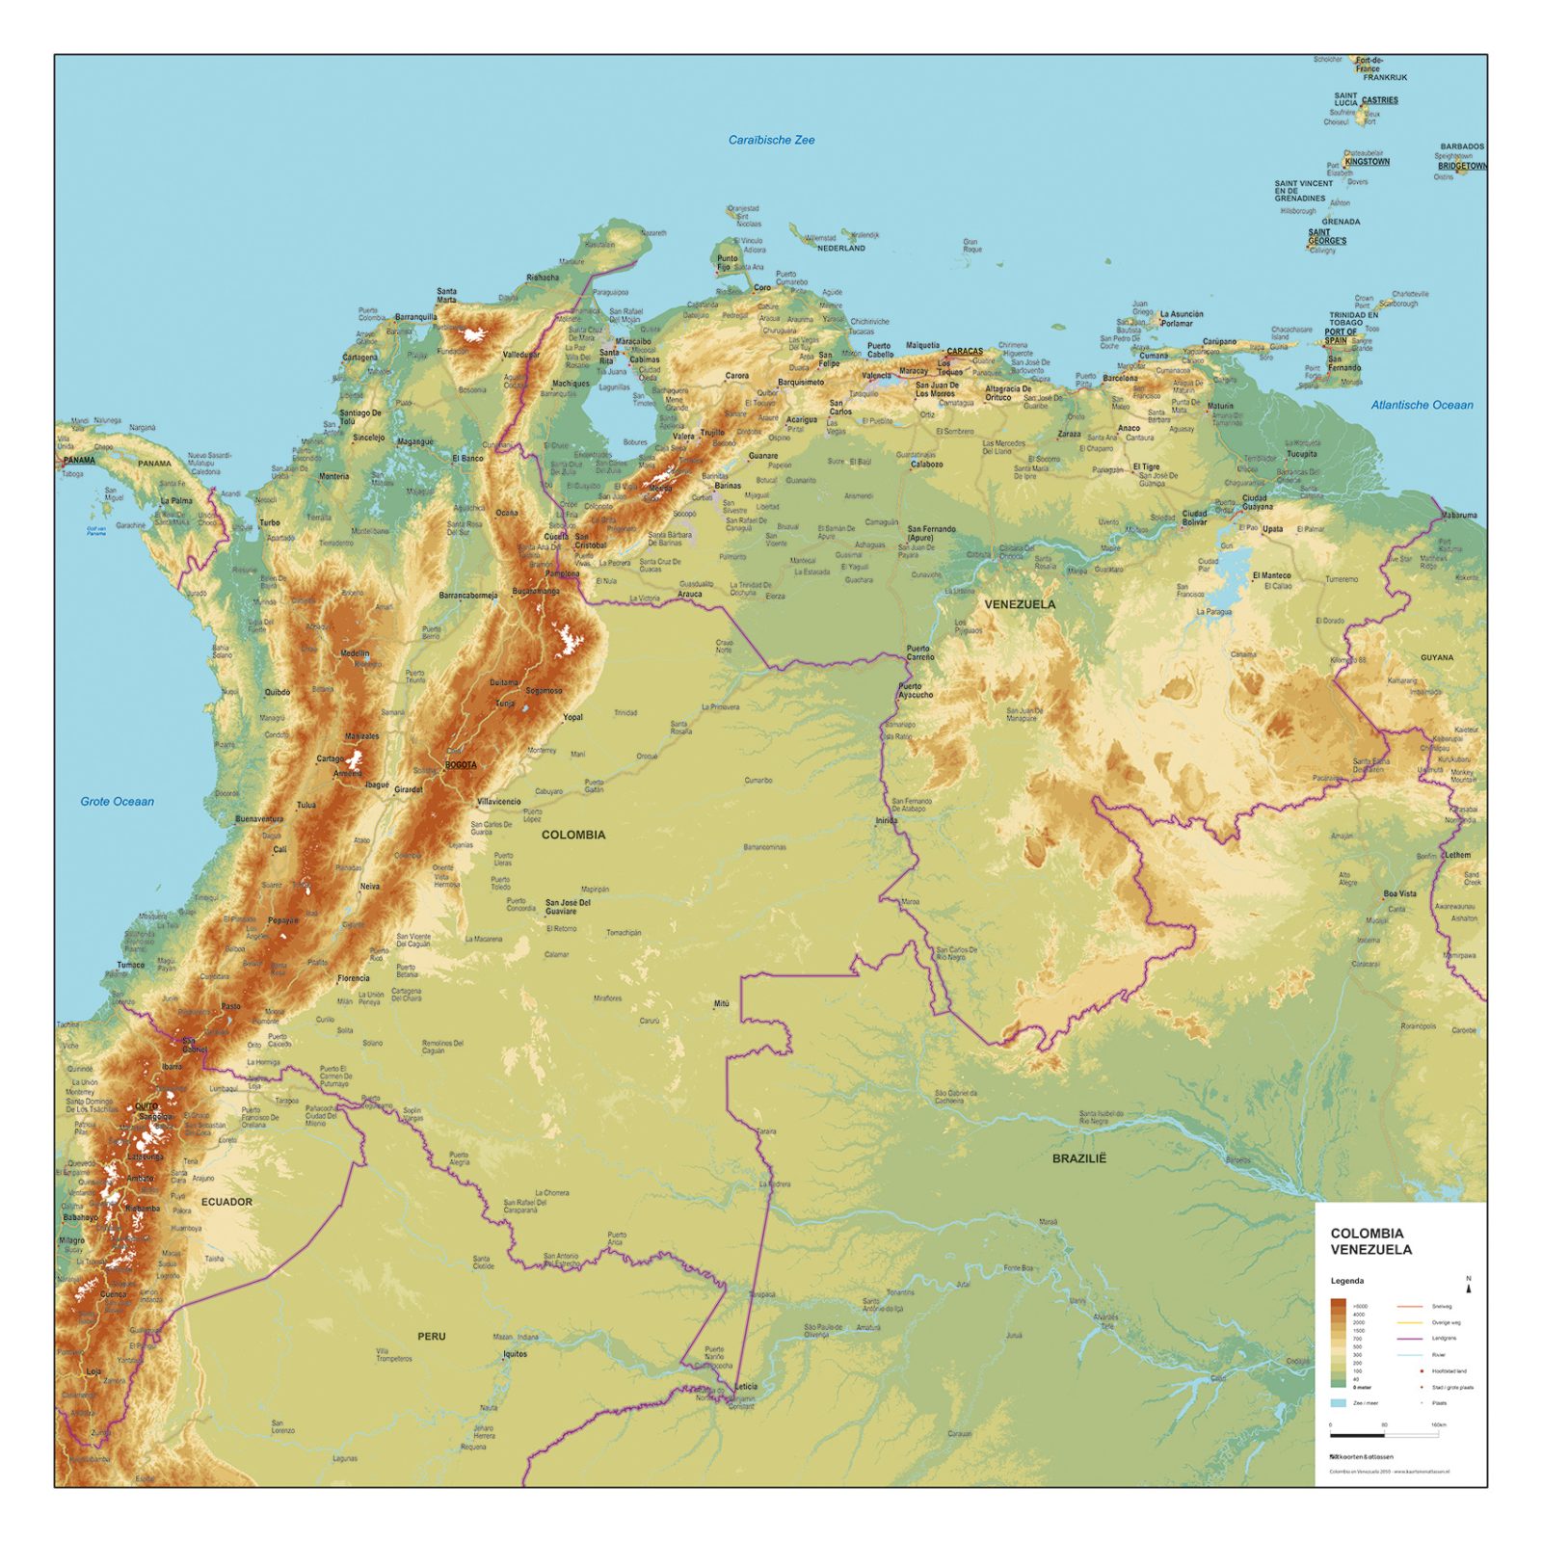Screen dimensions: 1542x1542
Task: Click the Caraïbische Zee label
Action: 771,140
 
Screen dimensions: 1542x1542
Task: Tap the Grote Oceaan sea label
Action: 117,801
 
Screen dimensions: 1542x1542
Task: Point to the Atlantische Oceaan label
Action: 1422,405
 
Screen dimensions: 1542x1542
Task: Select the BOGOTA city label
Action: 461,765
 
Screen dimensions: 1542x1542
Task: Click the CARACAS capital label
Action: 965,352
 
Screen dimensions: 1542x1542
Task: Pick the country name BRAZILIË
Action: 1078,1158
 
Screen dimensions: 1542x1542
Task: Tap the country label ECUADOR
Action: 226,1202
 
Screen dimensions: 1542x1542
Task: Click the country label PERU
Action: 431,1336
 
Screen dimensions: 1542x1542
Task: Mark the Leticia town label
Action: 746,1387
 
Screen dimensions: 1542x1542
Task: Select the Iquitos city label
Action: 515,1354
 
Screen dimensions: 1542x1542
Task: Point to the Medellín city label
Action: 355,653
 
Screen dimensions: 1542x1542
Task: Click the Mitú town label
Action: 721,1004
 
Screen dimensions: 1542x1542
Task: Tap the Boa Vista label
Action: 1399,893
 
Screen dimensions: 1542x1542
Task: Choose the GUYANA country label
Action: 1437,657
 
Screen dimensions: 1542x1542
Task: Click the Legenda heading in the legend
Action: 1346,1281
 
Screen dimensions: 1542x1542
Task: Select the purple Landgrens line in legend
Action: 1409,1339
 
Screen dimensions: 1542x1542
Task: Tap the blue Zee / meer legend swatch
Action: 1338,1403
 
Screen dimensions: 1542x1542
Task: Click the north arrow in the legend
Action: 1469,1285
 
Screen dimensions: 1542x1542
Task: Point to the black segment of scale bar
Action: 1357,1435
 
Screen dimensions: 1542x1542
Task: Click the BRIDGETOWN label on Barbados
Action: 1462,166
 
